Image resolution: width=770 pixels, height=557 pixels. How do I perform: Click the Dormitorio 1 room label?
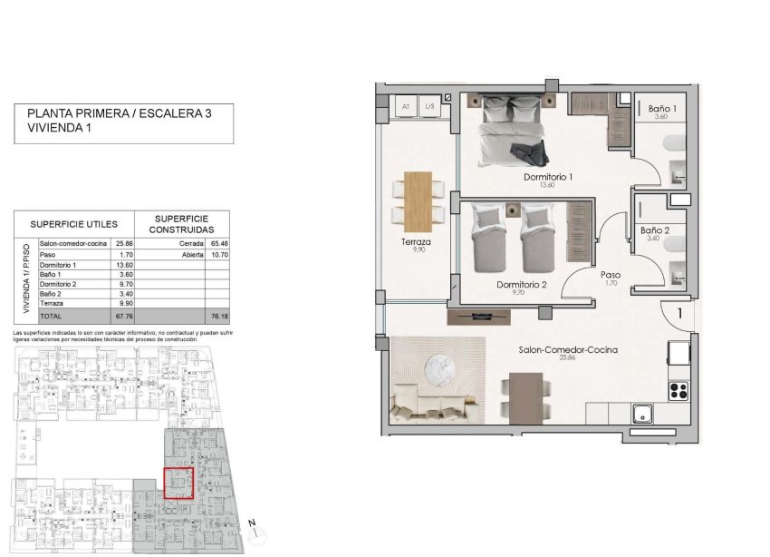tap(549, 177)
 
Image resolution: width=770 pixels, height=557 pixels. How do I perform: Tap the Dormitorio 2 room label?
tap(522, 284)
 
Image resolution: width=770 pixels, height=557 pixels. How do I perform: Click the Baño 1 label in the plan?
tap(660, 108)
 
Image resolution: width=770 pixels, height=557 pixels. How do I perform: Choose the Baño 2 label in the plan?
tap(654, 230)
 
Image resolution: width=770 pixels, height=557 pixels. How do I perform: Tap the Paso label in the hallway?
tap(610, 273)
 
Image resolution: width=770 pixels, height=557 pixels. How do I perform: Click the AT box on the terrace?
tap(404, 107)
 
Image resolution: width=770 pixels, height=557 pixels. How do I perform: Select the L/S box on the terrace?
tap(429, 107)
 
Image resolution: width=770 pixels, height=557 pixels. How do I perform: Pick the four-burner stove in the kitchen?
tap(678, 390)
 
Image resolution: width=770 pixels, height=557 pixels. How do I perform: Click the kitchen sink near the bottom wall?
tap(645, 412)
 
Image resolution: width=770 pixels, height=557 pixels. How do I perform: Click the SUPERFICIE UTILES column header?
tap(73, 223)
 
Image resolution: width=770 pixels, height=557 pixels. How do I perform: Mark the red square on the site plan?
tap(178, 482)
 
